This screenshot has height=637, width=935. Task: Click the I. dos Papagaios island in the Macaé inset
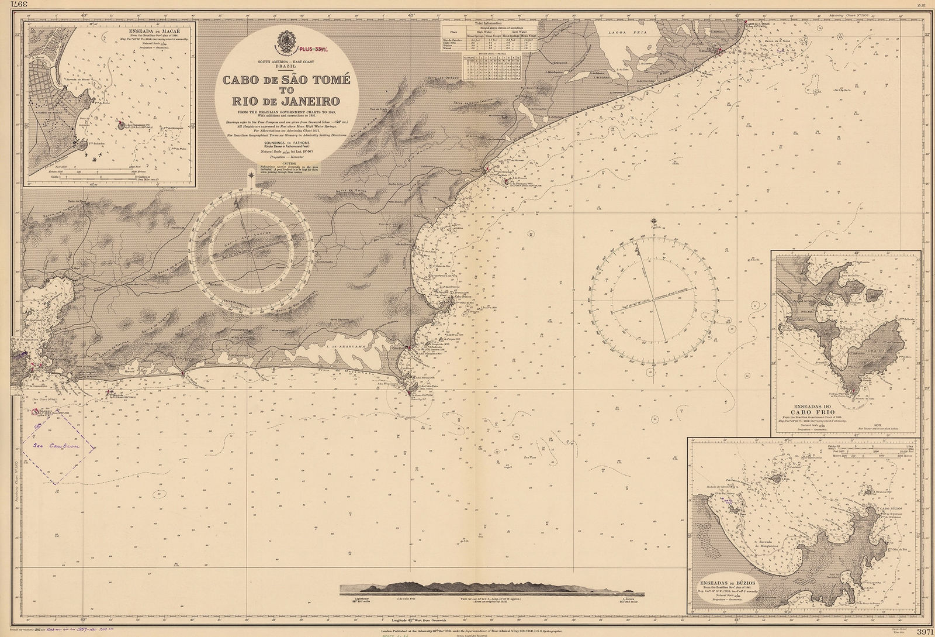tap(120, 125)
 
